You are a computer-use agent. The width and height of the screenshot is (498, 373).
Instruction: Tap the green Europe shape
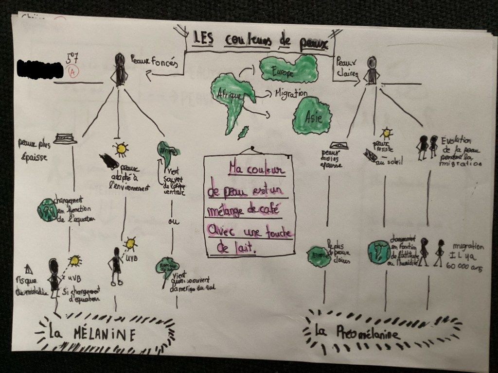point(289,68)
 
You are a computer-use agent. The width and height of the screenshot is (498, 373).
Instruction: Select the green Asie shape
point(313,116)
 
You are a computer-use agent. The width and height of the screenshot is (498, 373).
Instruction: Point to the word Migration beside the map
point(291,93)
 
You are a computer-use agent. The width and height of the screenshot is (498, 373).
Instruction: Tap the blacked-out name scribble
point(39,69)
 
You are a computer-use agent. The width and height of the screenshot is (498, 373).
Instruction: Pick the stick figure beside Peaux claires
point(372,71)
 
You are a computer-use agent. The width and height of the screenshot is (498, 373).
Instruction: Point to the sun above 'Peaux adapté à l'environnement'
point(120,148)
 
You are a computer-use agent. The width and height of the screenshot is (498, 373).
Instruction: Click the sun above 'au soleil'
point(387,132)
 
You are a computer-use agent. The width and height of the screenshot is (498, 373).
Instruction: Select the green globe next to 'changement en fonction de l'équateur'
point(47,210)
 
